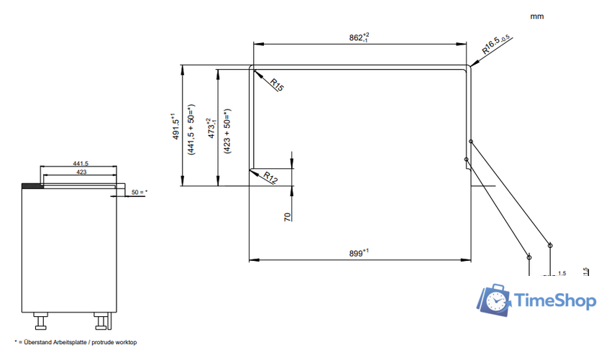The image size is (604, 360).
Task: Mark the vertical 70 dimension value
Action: (286, 216)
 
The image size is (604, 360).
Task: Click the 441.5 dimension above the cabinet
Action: (80, 165)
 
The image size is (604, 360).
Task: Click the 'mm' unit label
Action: (536, 15)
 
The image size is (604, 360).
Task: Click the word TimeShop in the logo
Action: (556, 303)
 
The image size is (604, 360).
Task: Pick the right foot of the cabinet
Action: (102, 317)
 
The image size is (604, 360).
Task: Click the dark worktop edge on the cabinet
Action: (32, 185)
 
